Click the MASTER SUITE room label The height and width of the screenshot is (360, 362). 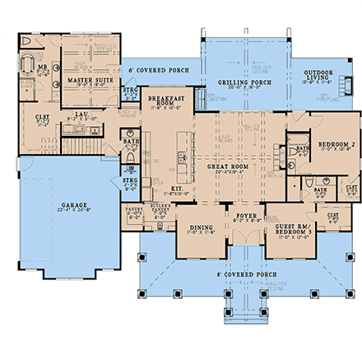tap(90, 80)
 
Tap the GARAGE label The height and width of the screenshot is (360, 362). tap(74, 205)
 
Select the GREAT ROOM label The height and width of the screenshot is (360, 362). tap(228, 166)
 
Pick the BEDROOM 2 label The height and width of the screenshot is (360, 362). tap(336, 143)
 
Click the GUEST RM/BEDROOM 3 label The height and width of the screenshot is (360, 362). tap(293, 228)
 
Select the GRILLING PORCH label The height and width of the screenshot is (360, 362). tap(244, 82)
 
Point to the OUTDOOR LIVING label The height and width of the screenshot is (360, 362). tap(317, 73)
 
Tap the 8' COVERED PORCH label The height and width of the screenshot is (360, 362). tap(246, 274)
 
